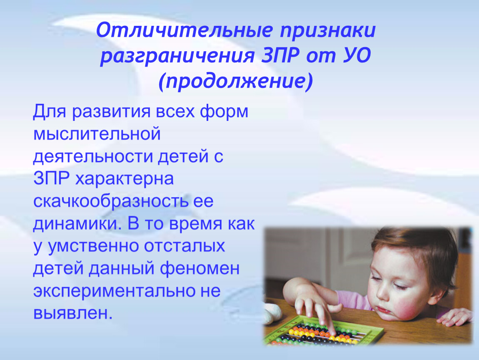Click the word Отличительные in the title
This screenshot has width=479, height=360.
[x=184, y=30]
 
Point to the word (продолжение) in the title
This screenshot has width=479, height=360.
[x=235, y=82]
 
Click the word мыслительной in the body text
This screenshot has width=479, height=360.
[x=97, y=134]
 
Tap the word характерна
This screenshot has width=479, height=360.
[x=125, y=178]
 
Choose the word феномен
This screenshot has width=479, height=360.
[x=200, y=269]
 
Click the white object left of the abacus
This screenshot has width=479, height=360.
[x=272, y=313]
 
